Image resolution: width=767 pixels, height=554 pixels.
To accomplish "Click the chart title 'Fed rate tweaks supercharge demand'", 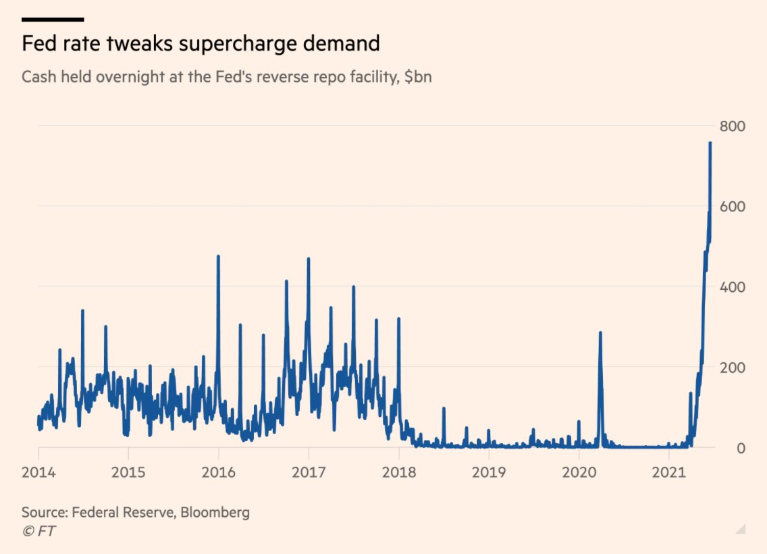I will [201, 44].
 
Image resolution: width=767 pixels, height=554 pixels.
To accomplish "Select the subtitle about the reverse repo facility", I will [226, 77].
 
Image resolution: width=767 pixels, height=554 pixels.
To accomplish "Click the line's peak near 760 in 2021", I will [710, 143].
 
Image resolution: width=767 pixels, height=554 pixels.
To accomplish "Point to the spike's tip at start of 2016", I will [218, 257].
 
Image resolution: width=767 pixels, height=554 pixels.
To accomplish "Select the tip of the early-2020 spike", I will [600, 333].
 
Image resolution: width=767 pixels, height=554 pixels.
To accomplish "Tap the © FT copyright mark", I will [38, 531].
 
